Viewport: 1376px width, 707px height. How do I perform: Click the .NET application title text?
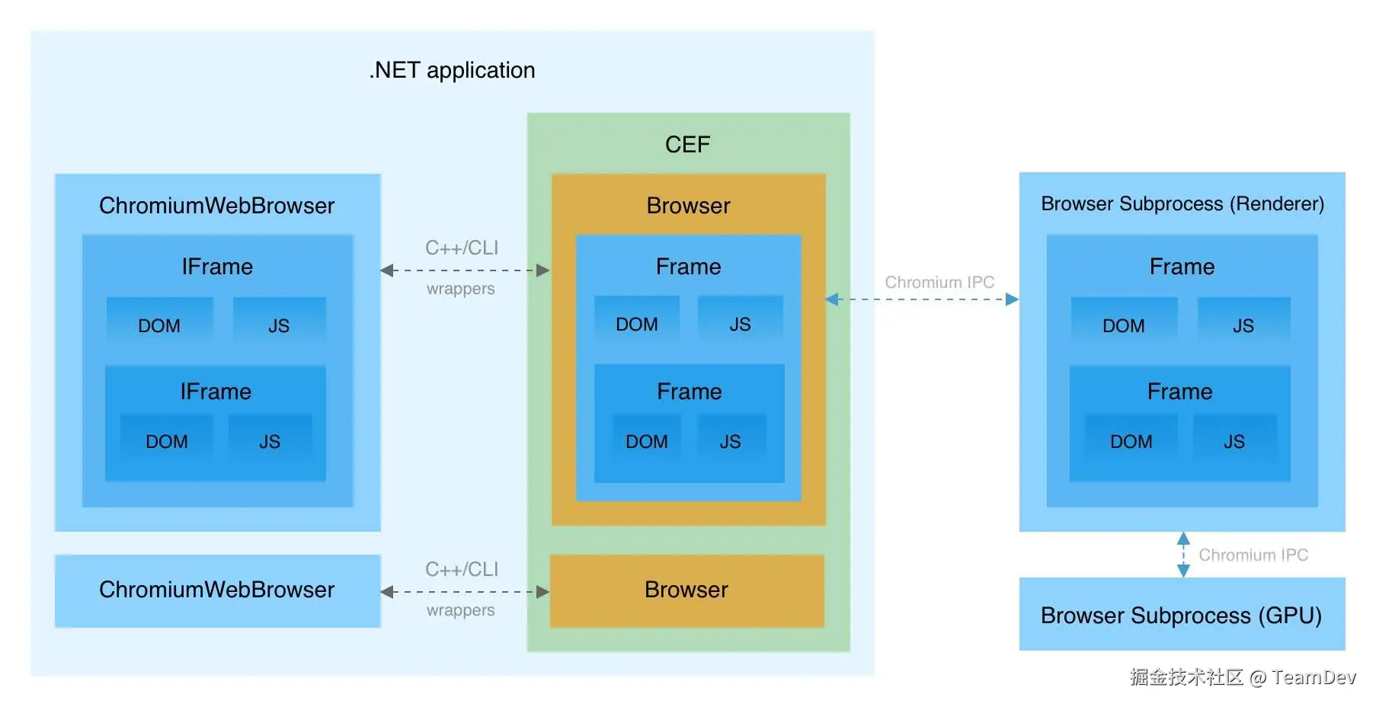[452, 70]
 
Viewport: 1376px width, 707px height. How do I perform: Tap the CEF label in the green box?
[687, 144]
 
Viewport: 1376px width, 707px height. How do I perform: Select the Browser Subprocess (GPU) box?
[1181, 615]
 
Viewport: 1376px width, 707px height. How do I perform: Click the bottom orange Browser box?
[686, 590]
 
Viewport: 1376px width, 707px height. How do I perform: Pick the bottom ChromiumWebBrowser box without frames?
[217, 590]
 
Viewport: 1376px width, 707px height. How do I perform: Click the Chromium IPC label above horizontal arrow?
[939, 282]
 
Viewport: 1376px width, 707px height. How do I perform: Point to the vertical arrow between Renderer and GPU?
[1182, 555]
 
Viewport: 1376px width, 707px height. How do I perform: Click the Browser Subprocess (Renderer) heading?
[1182, 203]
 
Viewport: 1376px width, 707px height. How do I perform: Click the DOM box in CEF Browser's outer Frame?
[636, 323]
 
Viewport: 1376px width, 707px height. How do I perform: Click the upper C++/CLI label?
[461, 248]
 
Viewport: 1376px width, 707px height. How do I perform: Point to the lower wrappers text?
[460, 610]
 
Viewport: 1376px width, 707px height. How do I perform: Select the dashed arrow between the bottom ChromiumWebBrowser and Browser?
[464, 592]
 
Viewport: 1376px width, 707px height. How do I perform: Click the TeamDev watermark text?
[1313, 677]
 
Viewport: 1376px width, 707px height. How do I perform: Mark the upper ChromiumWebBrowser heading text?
[217, 206]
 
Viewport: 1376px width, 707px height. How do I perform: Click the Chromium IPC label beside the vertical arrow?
[1253, 555]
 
